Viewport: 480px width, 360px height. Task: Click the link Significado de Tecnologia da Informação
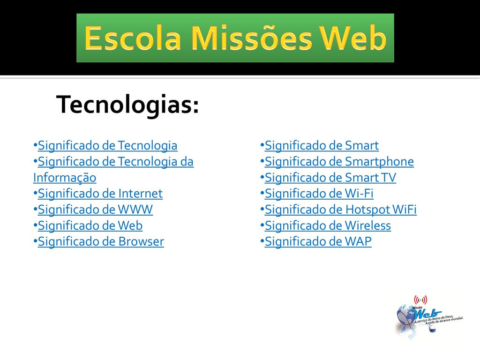coord(116,162)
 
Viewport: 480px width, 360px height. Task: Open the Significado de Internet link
coord(100,194)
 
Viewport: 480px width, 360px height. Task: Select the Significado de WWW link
coord(95,210)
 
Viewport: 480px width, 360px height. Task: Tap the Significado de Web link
coord(90,225)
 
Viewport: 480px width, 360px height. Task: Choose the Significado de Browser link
coord(101,241)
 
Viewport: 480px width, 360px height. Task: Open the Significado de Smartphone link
coord(339,162)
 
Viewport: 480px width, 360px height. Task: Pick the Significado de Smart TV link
coord(330,178)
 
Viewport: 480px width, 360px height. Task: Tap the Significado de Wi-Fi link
coord(319,194)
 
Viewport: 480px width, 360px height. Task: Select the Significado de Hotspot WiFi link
coord(340,210)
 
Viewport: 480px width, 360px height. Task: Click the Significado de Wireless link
coord(328,225)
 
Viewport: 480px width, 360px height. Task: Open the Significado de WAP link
coord(318,241)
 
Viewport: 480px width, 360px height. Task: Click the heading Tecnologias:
coord(127,105)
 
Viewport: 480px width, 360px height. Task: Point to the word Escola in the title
coord(133,38)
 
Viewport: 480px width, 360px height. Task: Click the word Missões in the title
coord(252,38)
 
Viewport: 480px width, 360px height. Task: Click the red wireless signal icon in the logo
coord(420,300)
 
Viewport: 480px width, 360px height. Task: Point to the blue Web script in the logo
coord(426,314)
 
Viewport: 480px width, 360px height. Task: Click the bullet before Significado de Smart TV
coord(262,177)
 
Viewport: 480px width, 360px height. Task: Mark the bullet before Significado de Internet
coord(35,193)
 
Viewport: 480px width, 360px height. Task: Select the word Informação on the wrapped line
coord(65,178)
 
